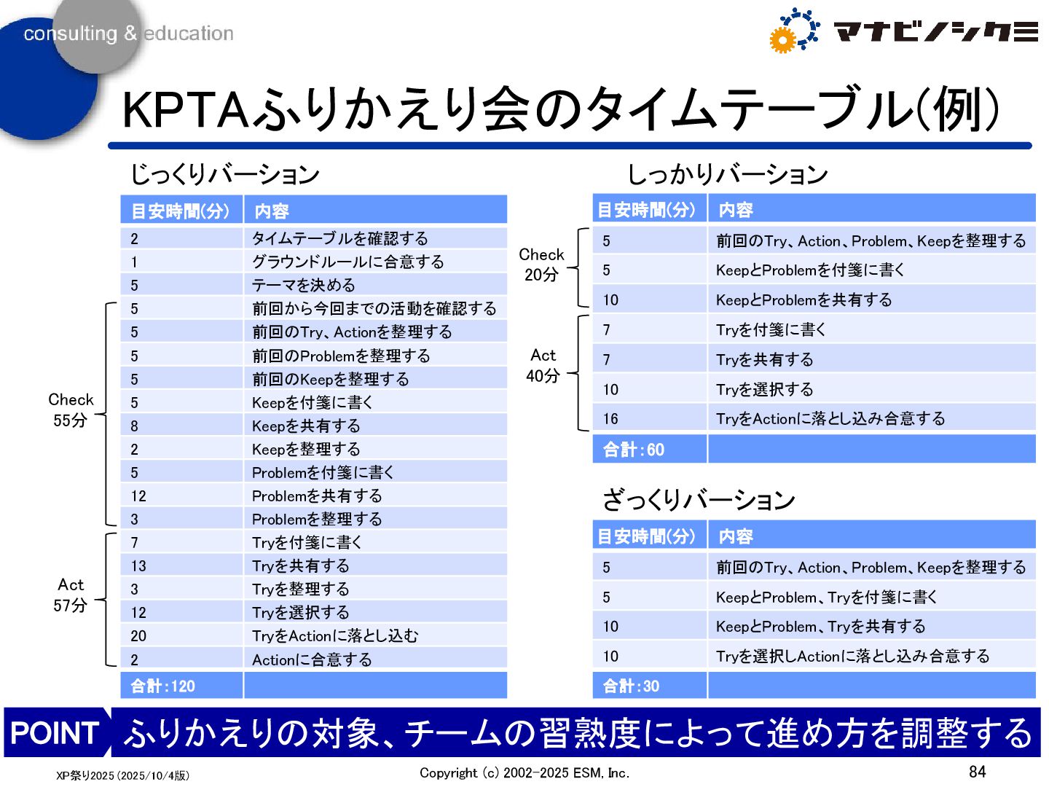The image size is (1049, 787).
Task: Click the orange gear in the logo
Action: [782, 40]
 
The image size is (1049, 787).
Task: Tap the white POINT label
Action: [55, 732]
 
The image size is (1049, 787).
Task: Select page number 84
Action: [977, 771]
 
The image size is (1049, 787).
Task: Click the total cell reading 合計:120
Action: [163, 686]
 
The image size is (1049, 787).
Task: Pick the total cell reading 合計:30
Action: [631, 686]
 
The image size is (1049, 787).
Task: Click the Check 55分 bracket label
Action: [71, 410]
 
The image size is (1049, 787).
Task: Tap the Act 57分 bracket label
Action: [71, 595]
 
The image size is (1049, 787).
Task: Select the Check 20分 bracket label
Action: [541, 265]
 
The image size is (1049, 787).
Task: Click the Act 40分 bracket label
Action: [543, 365]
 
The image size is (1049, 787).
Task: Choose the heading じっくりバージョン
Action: [224, 174]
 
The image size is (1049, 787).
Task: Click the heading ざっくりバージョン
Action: [698, 500]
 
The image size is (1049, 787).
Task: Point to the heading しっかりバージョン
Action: [727, 174]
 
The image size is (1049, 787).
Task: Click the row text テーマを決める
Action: [304, 285]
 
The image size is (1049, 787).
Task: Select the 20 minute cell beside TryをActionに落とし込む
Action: [138, 636]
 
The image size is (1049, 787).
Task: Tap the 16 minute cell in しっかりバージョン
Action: [610, 419]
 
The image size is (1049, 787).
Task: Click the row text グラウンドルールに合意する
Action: [347, 262]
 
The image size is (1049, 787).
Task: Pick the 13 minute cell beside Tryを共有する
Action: [138, 566]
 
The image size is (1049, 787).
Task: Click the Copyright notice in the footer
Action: [524, 773]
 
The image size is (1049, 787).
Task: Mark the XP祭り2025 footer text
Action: [122, 775]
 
